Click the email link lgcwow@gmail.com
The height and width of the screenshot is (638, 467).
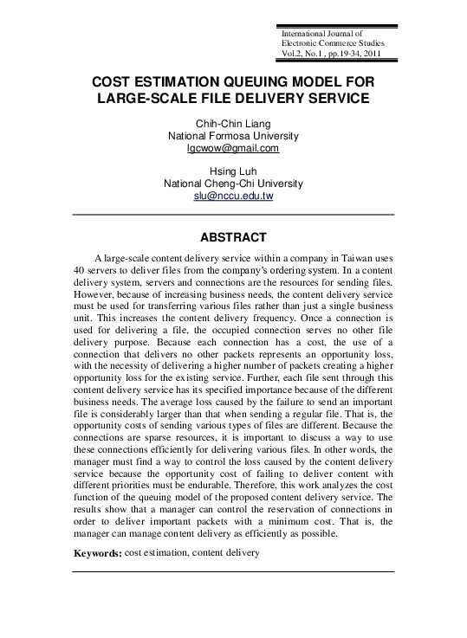233,149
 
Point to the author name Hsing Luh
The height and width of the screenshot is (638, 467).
233,171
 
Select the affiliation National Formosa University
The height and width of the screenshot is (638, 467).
233,137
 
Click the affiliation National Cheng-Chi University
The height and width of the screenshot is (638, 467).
233,184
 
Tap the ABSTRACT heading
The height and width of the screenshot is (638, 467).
233,236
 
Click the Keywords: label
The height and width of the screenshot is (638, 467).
97,552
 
